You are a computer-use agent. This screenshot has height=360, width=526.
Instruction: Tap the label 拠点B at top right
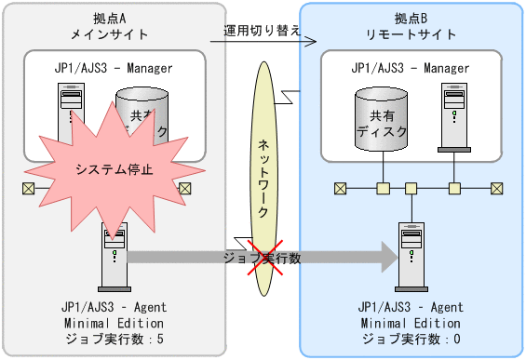coord(411,19)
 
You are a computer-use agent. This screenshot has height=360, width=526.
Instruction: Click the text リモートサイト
coord(411,34)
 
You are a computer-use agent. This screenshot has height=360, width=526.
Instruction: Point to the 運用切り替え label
coord(262,30)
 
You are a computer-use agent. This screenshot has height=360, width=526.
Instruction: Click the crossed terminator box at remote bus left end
coord(341,189)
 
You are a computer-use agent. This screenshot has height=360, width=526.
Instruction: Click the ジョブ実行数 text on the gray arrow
coord(263,258)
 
